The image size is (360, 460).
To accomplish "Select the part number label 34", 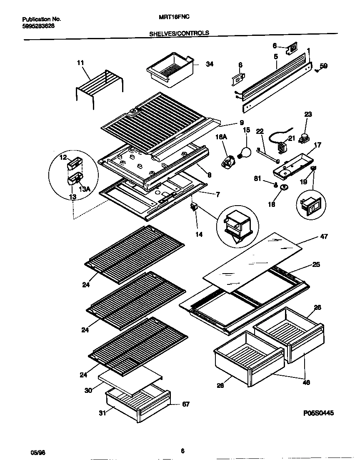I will click(x=209, y=64).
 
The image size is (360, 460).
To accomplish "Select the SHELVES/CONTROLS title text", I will click(x=179, y=33).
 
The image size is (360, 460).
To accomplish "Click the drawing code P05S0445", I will click(x=318, y=412).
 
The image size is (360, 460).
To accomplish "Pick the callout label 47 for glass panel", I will click(x=324, y=236).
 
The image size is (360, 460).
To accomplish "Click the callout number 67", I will click(x=185, y=404).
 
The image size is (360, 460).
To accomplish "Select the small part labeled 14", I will click(x=194, y=207).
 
